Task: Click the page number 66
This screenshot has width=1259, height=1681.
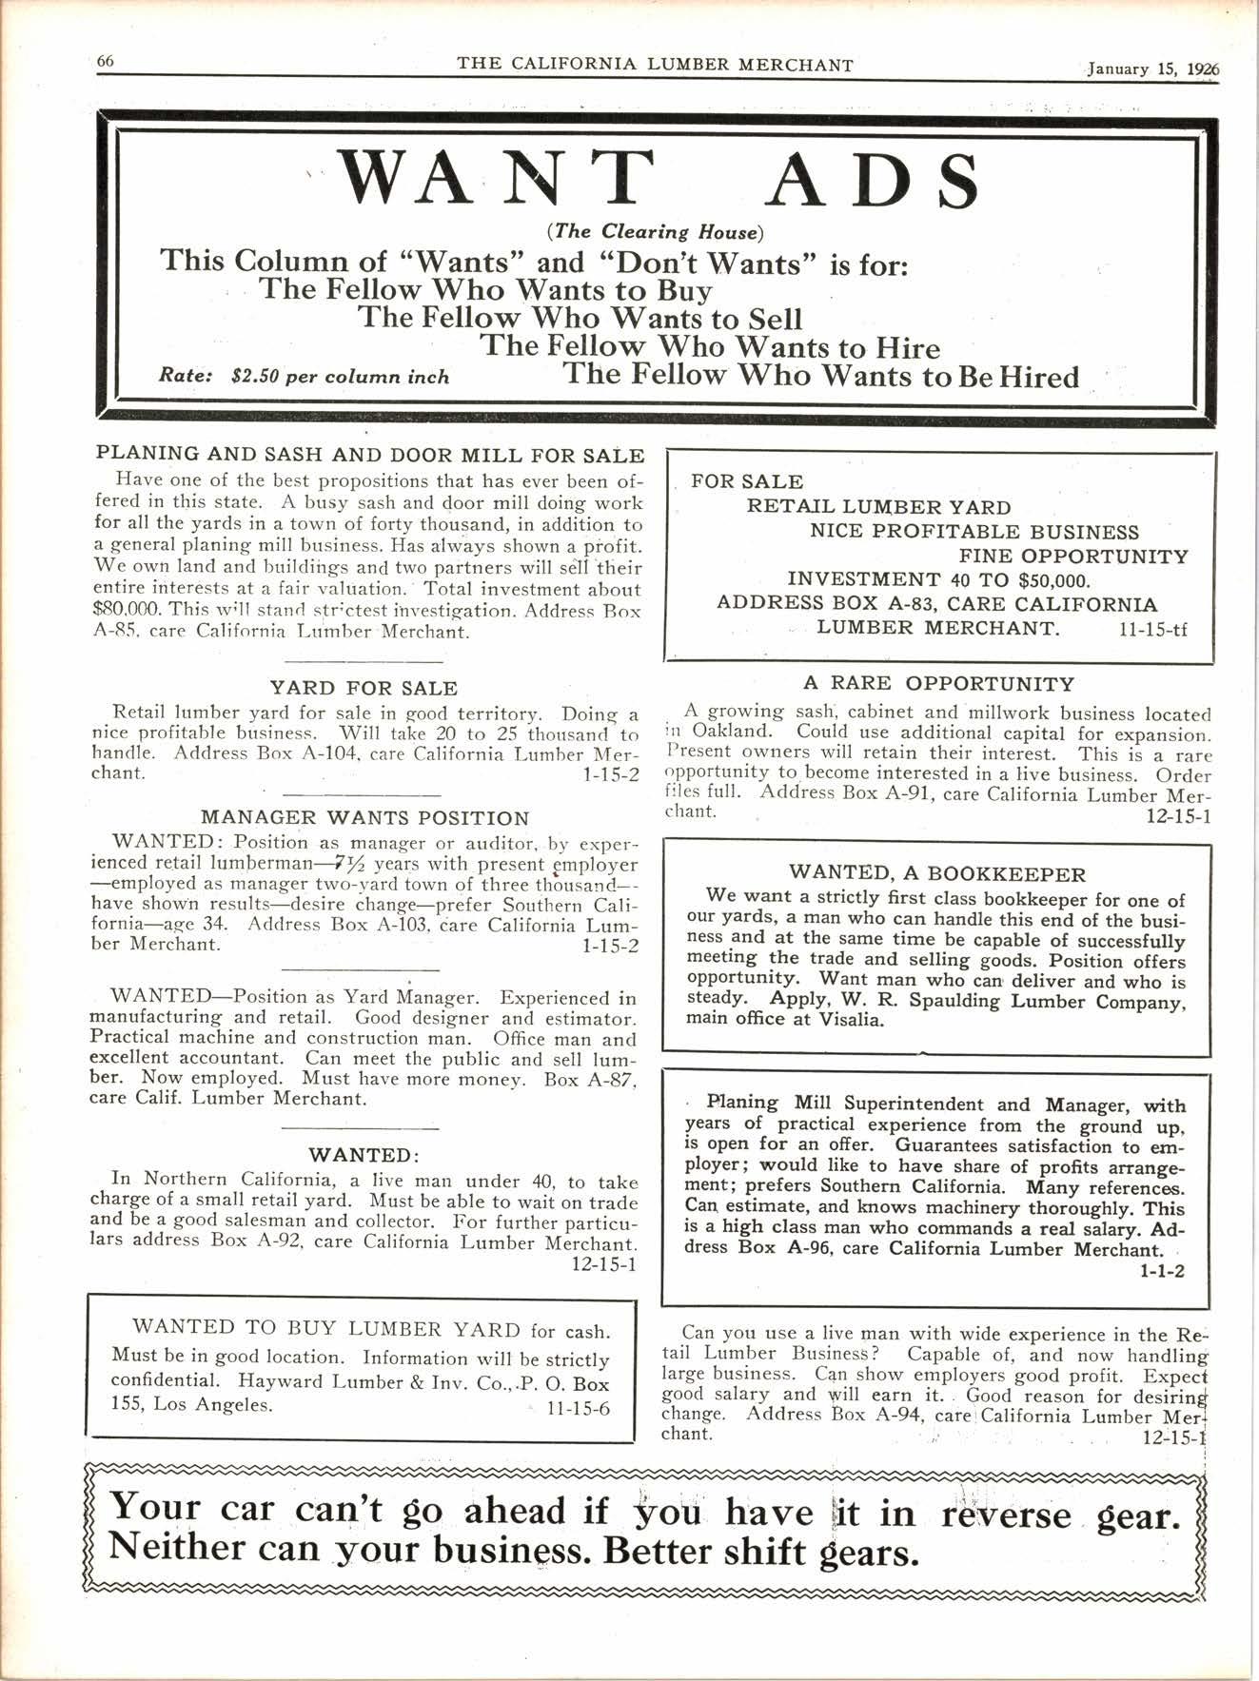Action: point(105,61)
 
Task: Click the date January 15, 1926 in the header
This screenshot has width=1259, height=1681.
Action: point(1153,69)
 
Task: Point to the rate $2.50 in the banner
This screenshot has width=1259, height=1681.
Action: point(254,376)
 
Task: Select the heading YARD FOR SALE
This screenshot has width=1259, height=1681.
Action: point(364,688)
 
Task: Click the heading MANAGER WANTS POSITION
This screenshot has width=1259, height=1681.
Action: point(364,817)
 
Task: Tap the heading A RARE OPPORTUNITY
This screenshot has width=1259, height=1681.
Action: point(938,683)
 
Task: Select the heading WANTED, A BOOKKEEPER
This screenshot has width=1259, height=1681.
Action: point(937,873)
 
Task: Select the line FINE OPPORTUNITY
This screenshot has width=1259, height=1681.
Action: point(1073,556)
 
